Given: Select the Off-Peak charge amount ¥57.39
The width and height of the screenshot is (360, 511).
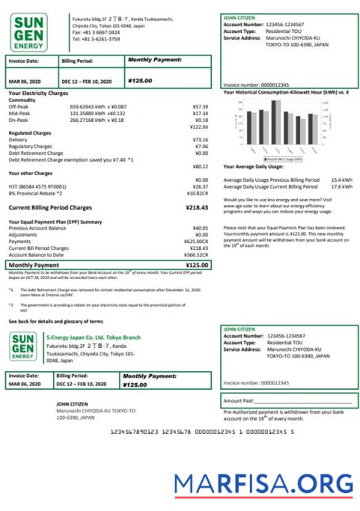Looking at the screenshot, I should pyautogui.click(x=200, y=107).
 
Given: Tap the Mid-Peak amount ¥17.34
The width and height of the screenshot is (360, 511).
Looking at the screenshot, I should pyautogui.click(x=200, y=113).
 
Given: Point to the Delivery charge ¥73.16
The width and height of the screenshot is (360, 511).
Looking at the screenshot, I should pyautogui.click(x=200, y=140).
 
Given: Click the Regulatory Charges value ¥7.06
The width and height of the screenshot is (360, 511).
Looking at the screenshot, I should pyautogui.click(x=201, y=146).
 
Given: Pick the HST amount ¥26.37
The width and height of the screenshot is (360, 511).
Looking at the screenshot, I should pyautogui.click(x=200, y=186).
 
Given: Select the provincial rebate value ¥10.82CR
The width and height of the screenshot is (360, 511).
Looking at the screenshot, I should pyautogui.click(x=197, y=193).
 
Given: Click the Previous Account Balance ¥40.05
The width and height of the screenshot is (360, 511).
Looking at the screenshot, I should pyautogui.click(x=200, y=228).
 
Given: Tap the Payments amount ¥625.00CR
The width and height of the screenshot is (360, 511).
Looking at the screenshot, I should pyautogui.click(x=195, y=241).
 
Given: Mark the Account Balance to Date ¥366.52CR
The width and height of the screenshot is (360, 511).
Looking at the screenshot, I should pyautogui.click(x=195, y=254).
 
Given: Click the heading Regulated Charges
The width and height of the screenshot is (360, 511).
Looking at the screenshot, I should pyautogui.click(x=30, y=132).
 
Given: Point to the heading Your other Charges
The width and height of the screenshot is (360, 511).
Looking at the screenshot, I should pyautogui.click(x=30, y=173).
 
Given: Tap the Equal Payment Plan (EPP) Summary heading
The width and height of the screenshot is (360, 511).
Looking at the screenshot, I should pyautogui.click(x=55, y=221).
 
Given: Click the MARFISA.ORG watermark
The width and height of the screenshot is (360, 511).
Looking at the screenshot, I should pyautogui.click(x=263, y=486).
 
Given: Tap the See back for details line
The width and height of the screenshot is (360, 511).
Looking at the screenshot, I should pyautogui.click(x=56, y=321).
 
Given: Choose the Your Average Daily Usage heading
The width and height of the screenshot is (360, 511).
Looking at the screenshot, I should pyautogui.click(x=253, y=167).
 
